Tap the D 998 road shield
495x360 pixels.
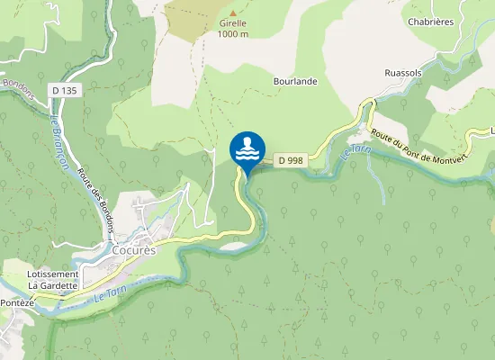pyautogui.click(x=288, y=160)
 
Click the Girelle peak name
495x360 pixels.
pyautogui.click(x=232, y=25)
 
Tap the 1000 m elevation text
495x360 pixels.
pyautogui.click(x=232, y=35)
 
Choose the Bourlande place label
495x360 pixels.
pyautogui.click(x=295, y=81)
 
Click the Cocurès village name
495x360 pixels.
pyautogui.click(x=135, y=251)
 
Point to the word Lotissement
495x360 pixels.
pyautogui.click(x=53, y=274)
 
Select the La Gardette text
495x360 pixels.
pyautogui.click(x=53, y=285)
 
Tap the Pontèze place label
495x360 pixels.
pyautogui.click(x=16, y=303)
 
